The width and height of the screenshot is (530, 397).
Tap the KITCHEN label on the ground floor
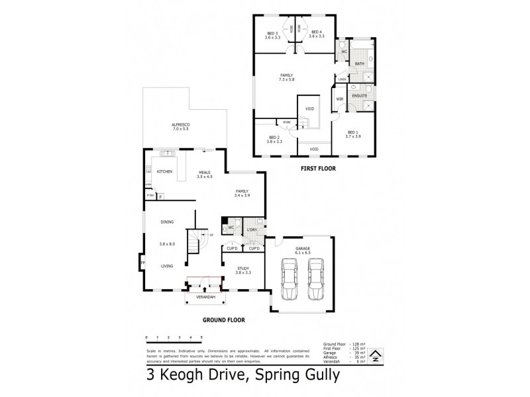pyautogui.click(x=164, y=171)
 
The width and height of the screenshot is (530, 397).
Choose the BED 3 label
pyautogui.click(x=272, y=33)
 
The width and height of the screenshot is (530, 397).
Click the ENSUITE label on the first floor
pyautogui.click(x=360, y=96)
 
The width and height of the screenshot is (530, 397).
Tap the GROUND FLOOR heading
pyautogui.click(x=223, y=320)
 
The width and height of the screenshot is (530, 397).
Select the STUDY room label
pyautogui.click(x=242, y=268)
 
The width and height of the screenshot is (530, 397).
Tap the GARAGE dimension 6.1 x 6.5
pyautogui.click(x=303, y=253)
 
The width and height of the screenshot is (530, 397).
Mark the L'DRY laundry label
pyautogui.click(x=252, y=230)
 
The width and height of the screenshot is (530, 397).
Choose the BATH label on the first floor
pyautogui.click(x=359, y=64)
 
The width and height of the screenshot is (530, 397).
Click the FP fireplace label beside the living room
pyautogui.click(x=142, y=264)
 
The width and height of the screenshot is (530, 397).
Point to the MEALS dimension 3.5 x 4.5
pyautogui.click(x=205, y=177)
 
